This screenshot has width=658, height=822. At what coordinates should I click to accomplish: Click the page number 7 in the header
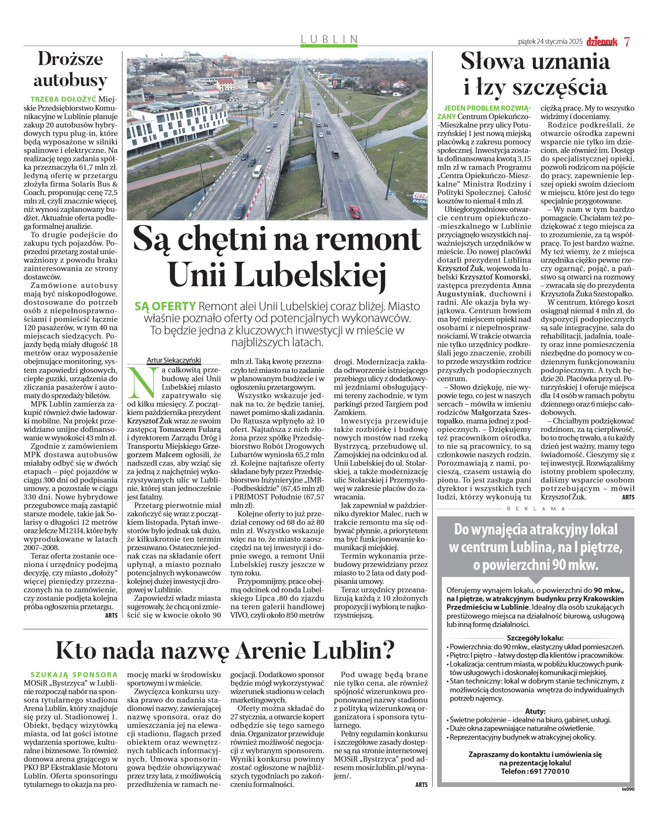[x=627, y=41]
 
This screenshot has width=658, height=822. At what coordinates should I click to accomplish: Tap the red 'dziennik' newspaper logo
[x=601, y=41]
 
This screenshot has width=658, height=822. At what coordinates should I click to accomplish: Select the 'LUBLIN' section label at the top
[x=329, y=39]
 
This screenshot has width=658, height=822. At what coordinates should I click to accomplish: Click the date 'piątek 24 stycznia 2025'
[x=550, y=42]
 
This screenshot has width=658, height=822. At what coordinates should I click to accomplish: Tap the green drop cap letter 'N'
[x=142, y=383]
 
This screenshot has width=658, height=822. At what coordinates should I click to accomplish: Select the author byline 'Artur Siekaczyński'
[x=174, y=360]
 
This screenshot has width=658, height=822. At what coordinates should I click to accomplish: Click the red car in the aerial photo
[x=355, y=211]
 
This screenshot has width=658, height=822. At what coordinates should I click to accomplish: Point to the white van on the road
[x=257, y=171]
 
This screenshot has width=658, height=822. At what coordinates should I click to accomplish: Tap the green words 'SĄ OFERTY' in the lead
[x=165, y=307]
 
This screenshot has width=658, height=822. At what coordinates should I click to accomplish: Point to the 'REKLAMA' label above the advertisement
[x=536, y=509]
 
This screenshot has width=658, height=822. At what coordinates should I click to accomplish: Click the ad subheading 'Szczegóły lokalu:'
[x=535, y=638]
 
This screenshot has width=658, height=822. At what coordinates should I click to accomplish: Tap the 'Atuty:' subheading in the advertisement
[x=535, y=711]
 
